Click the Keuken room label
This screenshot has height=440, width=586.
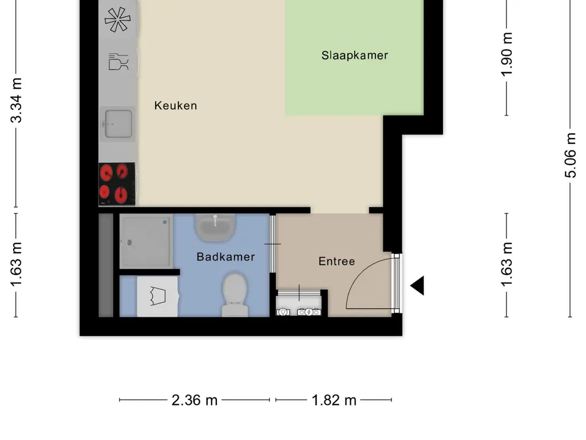176,105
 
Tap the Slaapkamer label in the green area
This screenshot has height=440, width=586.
354,56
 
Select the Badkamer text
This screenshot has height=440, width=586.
225,257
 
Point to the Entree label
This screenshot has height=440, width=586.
336,261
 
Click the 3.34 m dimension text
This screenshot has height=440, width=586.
17,100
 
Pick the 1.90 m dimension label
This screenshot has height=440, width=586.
506,54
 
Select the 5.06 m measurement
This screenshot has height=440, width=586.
571,155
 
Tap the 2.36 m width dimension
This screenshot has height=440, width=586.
195,400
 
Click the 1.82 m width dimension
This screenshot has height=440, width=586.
334,400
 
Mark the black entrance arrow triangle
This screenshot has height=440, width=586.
418,285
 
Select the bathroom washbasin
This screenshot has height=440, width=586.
215,227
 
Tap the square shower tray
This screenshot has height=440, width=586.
146,241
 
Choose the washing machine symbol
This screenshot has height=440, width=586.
157,296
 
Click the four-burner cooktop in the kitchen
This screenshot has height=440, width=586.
117,184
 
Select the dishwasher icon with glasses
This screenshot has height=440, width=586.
118,61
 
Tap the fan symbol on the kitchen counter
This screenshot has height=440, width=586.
117,19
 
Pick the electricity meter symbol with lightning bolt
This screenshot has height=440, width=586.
309,312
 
